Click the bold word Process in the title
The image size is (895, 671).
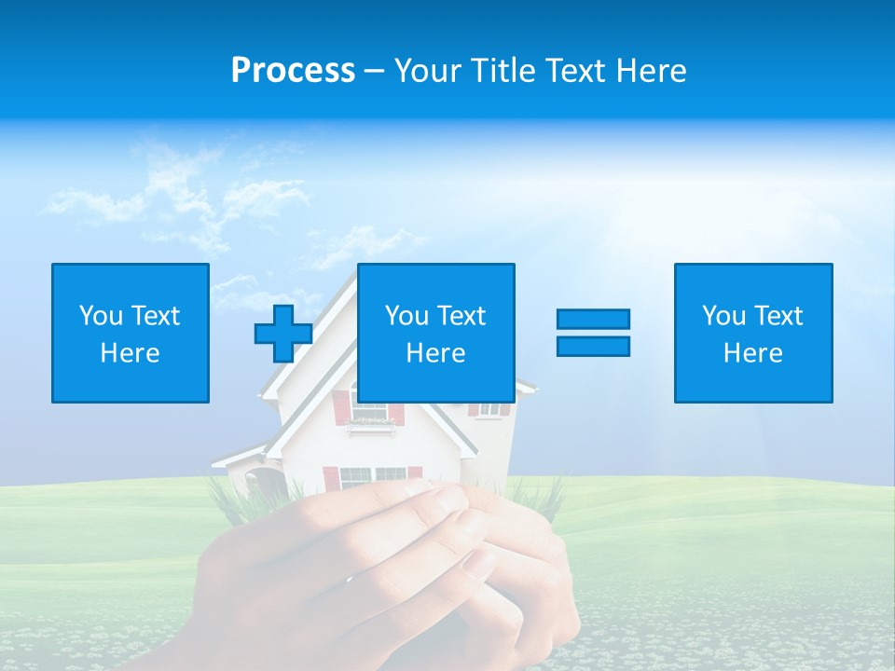(293, 71)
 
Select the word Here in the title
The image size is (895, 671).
(651, 71)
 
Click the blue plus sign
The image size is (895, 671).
(283, 334)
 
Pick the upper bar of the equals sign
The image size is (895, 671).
(593, 319)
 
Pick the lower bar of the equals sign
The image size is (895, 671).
(593, 346)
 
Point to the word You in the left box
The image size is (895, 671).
(101, 316)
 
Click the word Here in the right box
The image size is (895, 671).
(753, 353)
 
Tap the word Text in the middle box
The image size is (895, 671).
(461, 316)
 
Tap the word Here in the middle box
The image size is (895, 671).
(436, 353)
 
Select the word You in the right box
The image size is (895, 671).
(723, 316)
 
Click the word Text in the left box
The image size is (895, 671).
(156, 316)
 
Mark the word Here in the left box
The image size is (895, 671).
(131, 353)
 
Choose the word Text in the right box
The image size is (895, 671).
(778, 316)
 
